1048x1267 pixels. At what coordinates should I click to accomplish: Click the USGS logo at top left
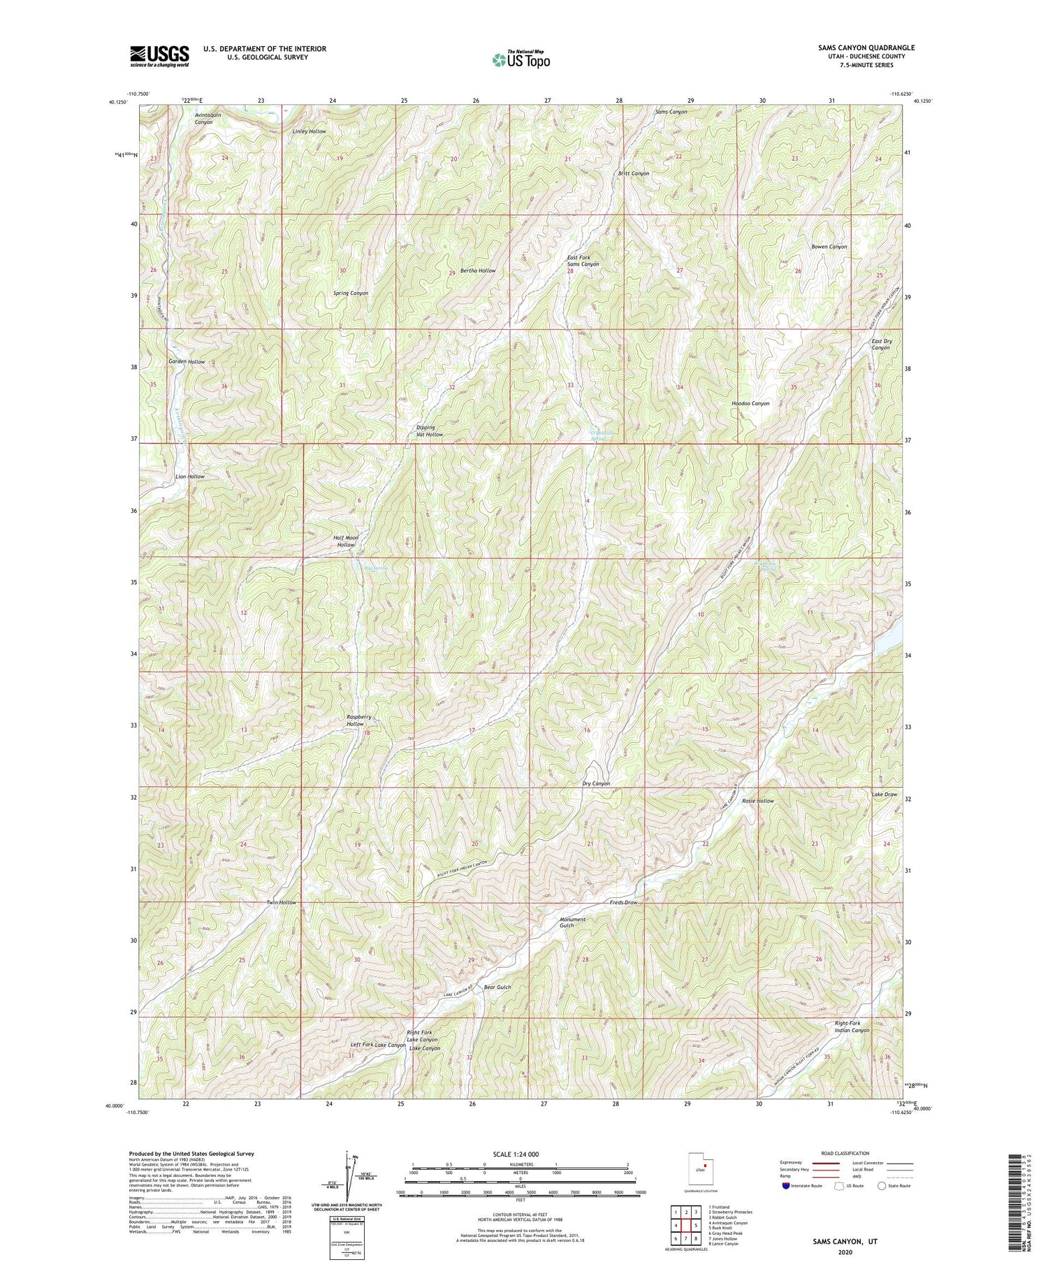pyautogui.click(x=159, y=56)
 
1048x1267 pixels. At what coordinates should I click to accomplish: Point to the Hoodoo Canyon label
pyautogui.click(x=750, y=404)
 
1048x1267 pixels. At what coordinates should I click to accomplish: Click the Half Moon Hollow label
pyautogui.click(x=346, y=541)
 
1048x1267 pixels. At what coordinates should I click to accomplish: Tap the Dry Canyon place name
pyautogui.click(x=596, y=783)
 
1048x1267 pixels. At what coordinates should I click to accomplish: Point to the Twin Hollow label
pyautogui.click(x=281, y=903)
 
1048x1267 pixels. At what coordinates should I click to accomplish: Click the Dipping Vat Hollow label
pyautogui.click(x=425, y=431)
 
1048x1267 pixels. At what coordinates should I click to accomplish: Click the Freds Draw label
pyautogui.click(x=623, y=903)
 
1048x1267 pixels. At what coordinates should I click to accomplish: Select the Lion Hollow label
pyautogui.click(x=189, y=477)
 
